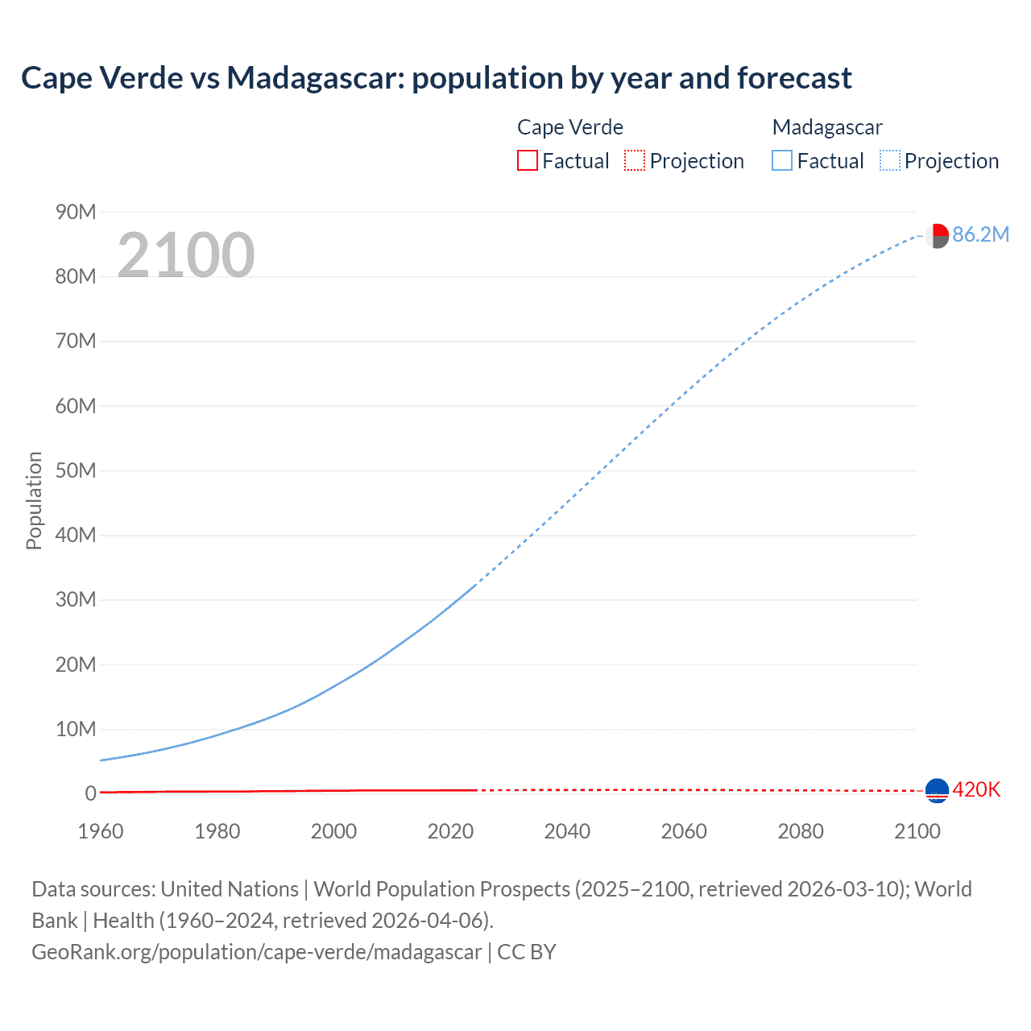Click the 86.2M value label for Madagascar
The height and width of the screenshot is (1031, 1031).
pos(980,234)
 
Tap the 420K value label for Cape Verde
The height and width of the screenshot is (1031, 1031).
pos(976,789)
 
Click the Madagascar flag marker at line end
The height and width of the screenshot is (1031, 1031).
pos(937,236)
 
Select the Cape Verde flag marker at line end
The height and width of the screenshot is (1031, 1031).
pos(937,791)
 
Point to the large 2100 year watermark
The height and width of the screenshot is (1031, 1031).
pos(186,255)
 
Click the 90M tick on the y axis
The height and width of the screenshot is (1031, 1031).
pos(76,212)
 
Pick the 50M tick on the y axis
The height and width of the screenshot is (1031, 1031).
pos(76,470)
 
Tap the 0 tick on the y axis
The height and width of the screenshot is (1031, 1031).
pos(90,793)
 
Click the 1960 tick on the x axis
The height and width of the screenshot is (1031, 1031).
pos(101,831)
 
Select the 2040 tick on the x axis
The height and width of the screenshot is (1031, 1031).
pos(567,831)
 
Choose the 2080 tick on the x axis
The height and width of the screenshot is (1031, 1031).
pos(801,831)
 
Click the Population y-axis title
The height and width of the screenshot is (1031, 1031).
pos(34,500)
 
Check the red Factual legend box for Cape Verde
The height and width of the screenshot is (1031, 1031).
pos(527,161)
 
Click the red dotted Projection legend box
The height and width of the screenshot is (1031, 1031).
pos(635,161)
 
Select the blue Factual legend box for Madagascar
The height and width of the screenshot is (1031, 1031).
pos(781,161)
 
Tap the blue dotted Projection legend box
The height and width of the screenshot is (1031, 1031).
pos(889,161)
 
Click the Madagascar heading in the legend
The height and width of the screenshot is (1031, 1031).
pos(827,127)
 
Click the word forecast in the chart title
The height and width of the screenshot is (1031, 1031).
pos(794,78)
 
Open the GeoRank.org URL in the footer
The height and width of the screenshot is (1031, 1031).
pos(257,951)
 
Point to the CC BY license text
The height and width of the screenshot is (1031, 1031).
pos(527,951)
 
